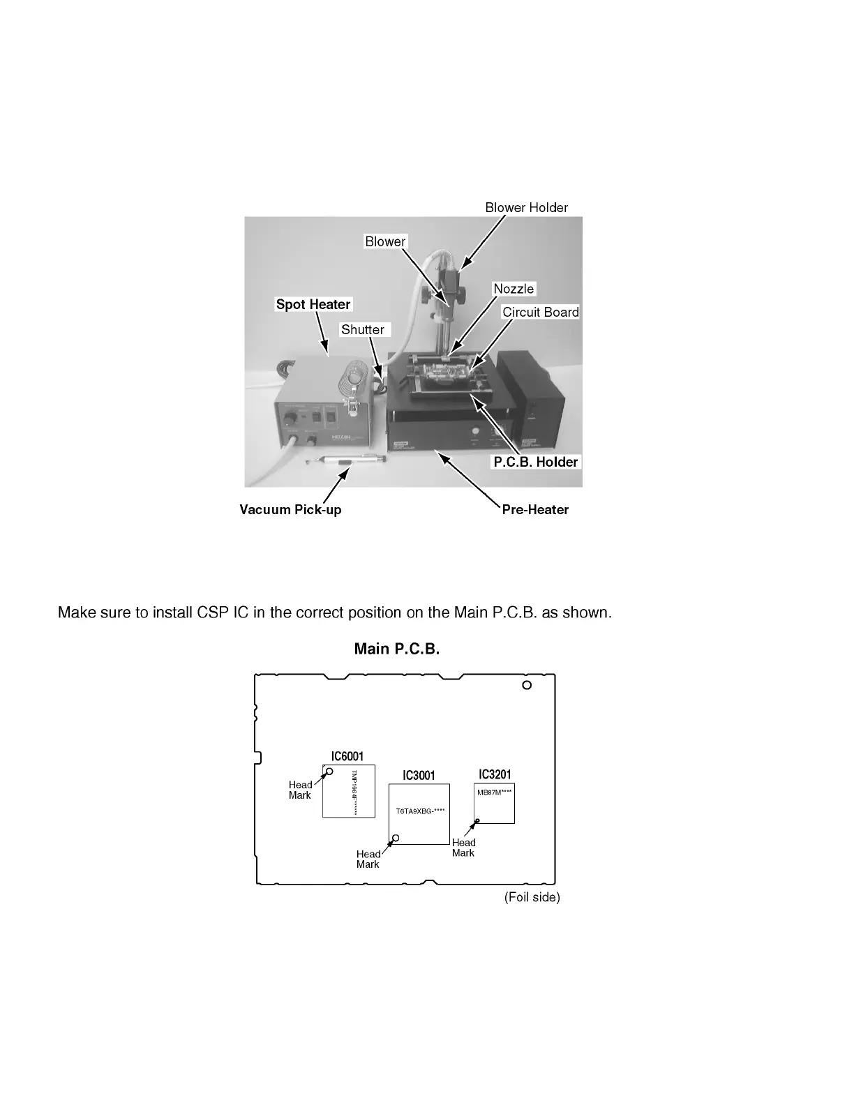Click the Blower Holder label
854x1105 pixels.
pos(526,207)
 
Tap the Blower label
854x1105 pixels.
pos(385,241)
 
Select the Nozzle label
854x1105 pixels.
pos(514,289)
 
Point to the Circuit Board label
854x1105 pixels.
pos(541,312)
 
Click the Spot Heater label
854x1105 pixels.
pos(313,304)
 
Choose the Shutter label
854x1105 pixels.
pos(362,329)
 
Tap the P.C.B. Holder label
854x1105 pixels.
pos(536,462)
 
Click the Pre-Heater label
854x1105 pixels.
pos(535,509)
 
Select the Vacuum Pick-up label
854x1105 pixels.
pos(290,509)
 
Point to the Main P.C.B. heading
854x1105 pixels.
pos(396,649)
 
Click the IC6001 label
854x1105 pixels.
pos(347,756)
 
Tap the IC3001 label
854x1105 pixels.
pos(419,775)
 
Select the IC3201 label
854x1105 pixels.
pos(495,774)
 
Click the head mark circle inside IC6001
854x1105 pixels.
pos(329,771)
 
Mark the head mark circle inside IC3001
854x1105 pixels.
pos(396,838)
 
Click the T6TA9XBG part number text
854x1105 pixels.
pos(420,811)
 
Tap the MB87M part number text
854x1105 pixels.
pos(494,792)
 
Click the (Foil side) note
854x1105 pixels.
pos(532,897)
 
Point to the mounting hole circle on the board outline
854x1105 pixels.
pos(527,685)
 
